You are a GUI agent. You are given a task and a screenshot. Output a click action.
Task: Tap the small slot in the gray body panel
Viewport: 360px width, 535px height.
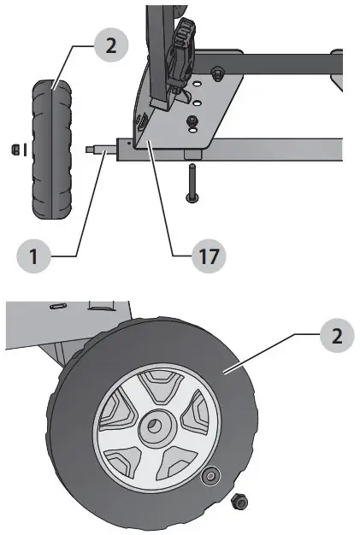[59, 305]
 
